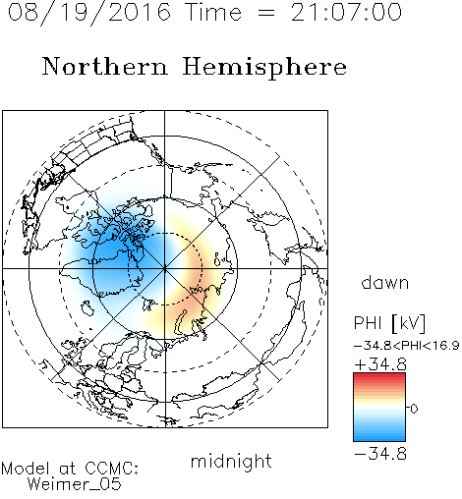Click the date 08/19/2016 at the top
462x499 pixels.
[x=89, y=13]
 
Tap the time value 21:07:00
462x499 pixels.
[x=346, y=12]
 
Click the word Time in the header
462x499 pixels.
[x=213, y=12]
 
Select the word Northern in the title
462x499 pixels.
[x=105, y=67]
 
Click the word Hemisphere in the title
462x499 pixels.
[x=264, y=68]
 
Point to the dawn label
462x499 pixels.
[x=385, y=282]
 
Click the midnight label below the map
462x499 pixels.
[x=231, y=462]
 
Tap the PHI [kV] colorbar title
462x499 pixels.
[x=389, y=323]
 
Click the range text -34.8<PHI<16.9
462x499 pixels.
[x=406, y=346]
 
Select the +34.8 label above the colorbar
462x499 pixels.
[x=380, y=364]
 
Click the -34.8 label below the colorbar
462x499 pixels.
[x=380, y=454]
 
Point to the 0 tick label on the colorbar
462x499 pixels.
[x=414, y=409]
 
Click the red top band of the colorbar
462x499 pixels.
[x=379, y=377]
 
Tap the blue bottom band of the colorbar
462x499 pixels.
[x=379, y=437]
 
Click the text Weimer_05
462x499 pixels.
[x=74, y=484]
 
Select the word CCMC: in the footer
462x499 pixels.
[x=111, y=469]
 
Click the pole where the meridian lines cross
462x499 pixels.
[x=164, y=268]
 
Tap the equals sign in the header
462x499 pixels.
[x=266, y=13]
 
